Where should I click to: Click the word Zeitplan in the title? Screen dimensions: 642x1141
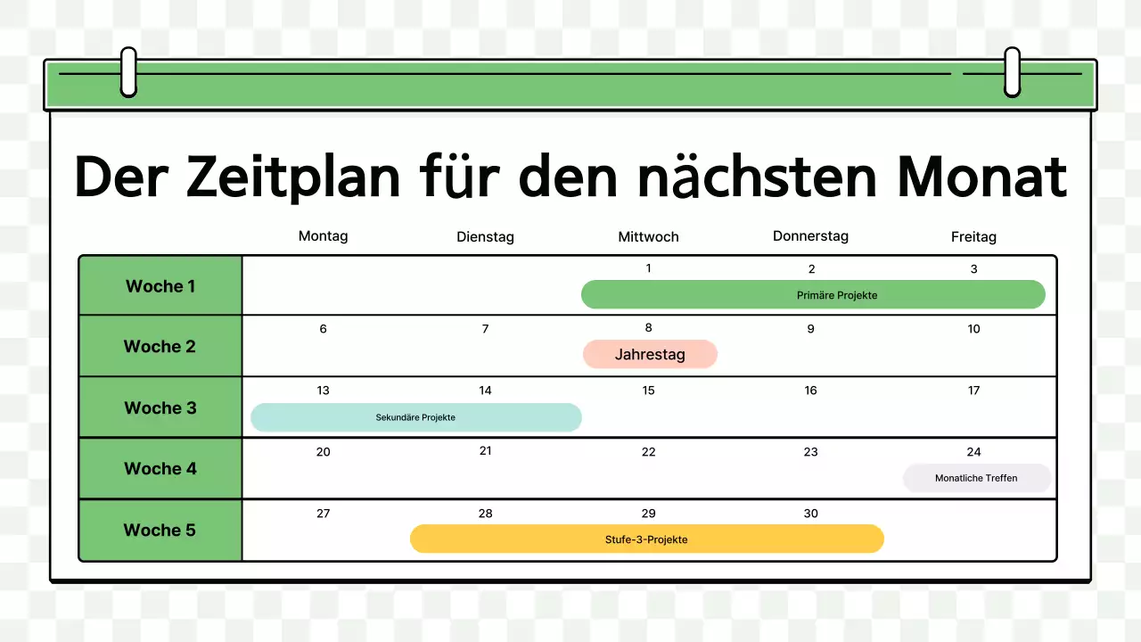pos(294,178)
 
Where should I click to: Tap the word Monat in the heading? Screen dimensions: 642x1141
pos(981,178)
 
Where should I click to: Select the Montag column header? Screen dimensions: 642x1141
pos(323,236)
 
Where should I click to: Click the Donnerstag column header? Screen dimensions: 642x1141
pos(810,236)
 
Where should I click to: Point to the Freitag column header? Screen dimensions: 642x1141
pos(973,237)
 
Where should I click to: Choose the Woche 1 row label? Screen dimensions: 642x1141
pos(160,286)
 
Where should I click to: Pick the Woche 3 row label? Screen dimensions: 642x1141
pos(160,407)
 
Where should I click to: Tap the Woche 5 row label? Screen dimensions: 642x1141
pos(160,530)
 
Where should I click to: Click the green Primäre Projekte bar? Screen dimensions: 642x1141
pos(812,294)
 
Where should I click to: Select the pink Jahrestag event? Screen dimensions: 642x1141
pos(650,354)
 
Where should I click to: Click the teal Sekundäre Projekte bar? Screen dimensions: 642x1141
pos(415,417)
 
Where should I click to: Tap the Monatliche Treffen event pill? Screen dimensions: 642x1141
pos(976,478)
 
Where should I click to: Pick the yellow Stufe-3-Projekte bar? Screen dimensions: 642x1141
pos(646,539)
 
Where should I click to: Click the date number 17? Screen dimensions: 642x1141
pos(973,390)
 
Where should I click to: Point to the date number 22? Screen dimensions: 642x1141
pos(648,452)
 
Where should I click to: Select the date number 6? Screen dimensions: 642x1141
pos(323,329)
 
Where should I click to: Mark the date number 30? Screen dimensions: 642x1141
pos(810,514)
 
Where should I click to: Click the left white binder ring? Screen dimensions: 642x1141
pos(128,71)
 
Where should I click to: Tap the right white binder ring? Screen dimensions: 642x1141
pos(1012,71)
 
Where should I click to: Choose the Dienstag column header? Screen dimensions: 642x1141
pos(485,237)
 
